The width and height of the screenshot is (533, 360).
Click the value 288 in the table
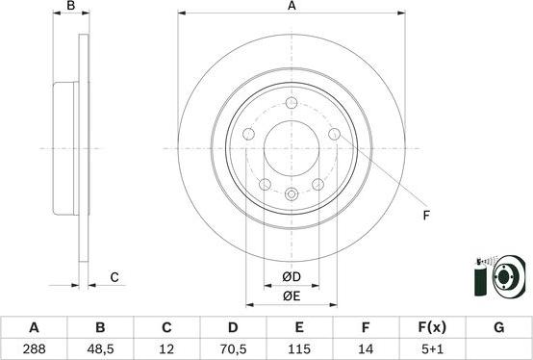[34, 349]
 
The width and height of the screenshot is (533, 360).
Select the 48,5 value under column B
[100, 349]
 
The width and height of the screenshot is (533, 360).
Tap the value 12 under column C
[166, 349]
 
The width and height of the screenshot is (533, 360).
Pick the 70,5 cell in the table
[233, 349]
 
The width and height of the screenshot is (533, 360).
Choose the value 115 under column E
[299, 349]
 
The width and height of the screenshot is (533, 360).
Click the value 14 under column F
[366, 349]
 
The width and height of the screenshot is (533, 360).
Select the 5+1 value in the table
[432, 349]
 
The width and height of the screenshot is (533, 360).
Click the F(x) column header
[432, 327]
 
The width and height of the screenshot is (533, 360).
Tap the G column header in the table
[498, 327]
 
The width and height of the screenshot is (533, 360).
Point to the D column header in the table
[233, 327]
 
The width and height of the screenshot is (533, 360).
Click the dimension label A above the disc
[292, 7]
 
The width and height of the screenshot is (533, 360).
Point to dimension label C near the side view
[114, 277]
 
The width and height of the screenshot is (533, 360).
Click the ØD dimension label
[292, 278]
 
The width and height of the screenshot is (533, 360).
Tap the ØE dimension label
[292, 296]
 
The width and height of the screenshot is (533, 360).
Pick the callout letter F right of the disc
[425, 216]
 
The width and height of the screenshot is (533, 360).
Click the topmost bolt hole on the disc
[292, 103]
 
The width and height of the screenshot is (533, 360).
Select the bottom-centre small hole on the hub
[292, 194]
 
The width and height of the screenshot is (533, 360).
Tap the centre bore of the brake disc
[292, 149]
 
